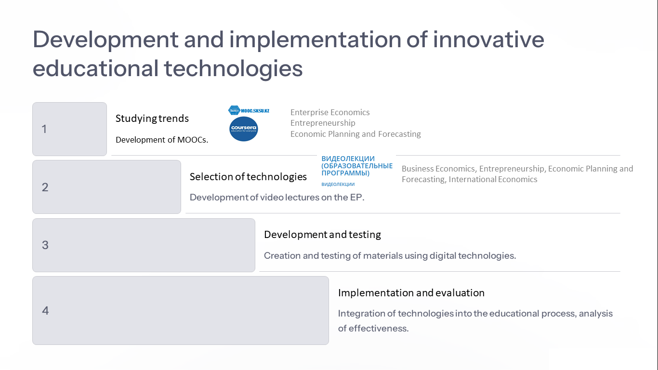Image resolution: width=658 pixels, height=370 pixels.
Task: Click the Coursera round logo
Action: coord(244,129)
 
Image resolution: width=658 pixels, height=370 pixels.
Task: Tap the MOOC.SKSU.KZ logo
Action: coord(249,110)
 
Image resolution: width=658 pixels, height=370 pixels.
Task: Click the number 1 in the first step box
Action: coord(44,129)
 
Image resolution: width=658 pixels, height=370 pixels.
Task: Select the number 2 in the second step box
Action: coord(45,187)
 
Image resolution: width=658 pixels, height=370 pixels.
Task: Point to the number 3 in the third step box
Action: coord(45,245)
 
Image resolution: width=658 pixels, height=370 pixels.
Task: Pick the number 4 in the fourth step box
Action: coord(45,311)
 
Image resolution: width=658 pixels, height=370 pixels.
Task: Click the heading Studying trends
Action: coord(152,119)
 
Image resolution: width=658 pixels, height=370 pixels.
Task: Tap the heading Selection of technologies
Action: coord(248,177)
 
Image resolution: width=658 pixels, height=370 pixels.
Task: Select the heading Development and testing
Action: coord(323,235)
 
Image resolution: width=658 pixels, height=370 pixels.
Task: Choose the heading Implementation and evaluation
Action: coord(411,293)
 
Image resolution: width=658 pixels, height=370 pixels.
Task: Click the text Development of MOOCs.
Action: coord(162,140)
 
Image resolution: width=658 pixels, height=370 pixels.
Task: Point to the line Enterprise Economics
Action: coord(330,112)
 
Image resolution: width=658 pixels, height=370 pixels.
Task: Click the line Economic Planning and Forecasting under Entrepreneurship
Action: coord(355,134)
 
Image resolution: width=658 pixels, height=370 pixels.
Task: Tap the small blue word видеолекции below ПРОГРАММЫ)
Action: coord(338,184)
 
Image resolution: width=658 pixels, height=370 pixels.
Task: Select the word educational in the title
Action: coord(95,68)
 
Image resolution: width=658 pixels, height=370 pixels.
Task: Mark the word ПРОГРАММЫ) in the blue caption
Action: coord(345,173)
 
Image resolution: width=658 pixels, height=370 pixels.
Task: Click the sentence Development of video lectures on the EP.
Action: coord(277,197)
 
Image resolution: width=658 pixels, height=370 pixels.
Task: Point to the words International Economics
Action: coord(493,179)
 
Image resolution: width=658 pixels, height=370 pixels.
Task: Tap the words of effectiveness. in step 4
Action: coord(373,328)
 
